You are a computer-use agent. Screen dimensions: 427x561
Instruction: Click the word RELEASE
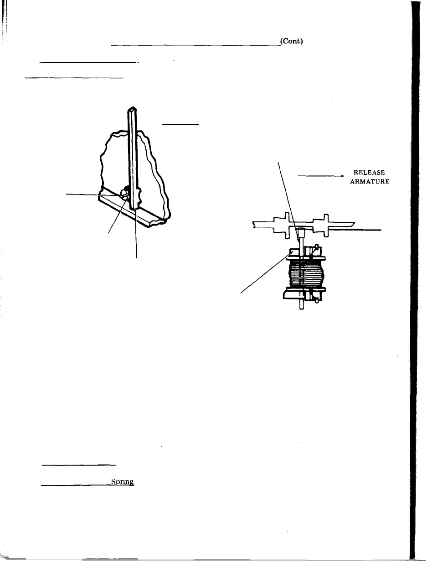point(370,173)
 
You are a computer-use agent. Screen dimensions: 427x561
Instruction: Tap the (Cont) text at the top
point(292,42)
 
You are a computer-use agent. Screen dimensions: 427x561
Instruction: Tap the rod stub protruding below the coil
point(302,305)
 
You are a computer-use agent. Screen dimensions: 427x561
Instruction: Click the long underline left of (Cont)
point(196,45)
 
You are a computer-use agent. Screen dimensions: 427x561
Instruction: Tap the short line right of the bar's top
point(181,124)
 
